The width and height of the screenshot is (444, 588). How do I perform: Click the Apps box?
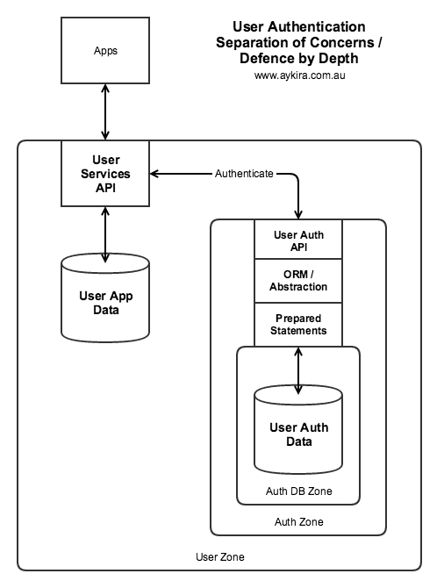tap(105, 50)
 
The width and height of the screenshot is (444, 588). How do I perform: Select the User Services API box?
tap(105, 174)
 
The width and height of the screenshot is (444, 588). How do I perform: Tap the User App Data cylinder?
tap(105, 298)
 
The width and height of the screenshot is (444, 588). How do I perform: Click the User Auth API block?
tap(298, 240)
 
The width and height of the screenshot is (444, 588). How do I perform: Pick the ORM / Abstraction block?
tap(298, 281)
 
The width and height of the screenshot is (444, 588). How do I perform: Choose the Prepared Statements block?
tap(298, 325)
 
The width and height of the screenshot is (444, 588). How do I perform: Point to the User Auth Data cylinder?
tap(298, 429)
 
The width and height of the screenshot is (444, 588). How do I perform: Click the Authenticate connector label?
tap(244, 174)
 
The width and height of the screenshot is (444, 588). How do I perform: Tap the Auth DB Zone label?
tap(299, 491)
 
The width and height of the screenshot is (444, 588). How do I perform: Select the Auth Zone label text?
tap(299, 521)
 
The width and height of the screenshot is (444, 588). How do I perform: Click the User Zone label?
tap(220, 557)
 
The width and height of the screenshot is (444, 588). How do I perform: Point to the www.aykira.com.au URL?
tap(299, 75)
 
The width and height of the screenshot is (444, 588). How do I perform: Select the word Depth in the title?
tap(339, 58)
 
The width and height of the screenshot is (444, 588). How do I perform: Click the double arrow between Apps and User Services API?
tap(105, 112)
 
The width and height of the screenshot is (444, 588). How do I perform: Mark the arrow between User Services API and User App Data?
tap(105, 234)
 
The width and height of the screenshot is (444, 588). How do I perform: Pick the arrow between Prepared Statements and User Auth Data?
tap(298, 371)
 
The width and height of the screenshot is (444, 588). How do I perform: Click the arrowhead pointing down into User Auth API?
tap(298, 214)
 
